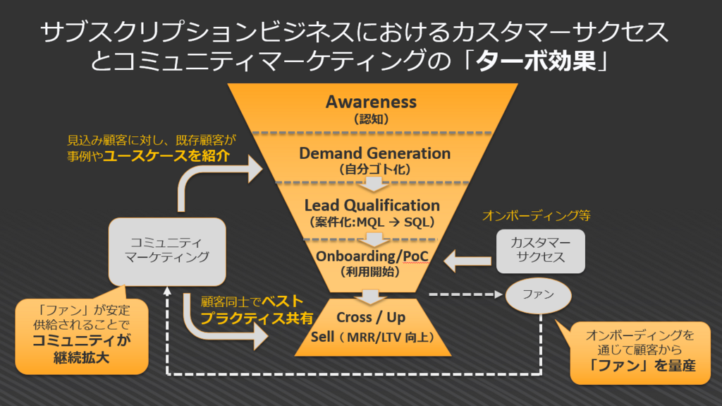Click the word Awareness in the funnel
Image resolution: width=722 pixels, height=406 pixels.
pyautogui.click(x=371, y=102)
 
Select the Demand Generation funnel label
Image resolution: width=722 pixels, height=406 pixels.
pyautogui.click(x=375, y=153)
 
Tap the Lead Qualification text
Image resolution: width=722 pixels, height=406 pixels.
pyautogui.click(x=372, y=205)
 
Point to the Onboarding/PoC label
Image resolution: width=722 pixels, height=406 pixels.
pyautogui.click(x=372, y=256)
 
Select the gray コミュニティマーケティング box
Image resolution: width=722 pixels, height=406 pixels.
pyautogui.click(x=167, y=251)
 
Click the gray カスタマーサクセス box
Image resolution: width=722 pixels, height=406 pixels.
pyautogui.click(x=541, y=251)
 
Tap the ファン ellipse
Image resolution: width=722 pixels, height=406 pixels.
pyautogui.click(x=538, y=295)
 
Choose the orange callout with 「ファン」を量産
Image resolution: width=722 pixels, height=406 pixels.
pyautogui.click(x=640, y=352)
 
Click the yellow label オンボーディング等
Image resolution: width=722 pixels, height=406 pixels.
pyautogui.click(x=537, y=215)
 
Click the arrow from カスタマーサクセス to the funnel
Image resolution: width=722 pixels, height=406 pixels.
pyautogui.click(x=467, y=261)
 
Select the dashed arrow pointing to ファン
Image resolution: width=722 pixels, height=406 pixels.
pyautogui.click(x=465, y=294)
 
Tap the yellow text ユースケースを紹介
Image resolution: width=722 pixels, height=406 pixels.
pyautogui.click(x=166, y=155)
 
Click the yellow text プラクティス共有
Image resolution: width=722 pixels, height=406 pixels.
pyautogui.click(x=257, y=318)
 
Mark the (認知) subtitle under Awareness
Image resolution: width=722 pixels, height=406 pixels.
pyautogui.click(x=371, y=119)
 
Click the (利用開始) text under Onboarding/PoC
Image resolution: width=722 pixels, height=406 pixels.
pyautogui.click(x=370, y=272)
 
